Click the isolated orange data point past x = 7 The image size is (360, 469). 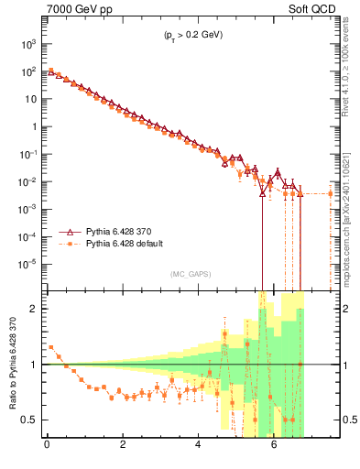click(331, 193)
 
